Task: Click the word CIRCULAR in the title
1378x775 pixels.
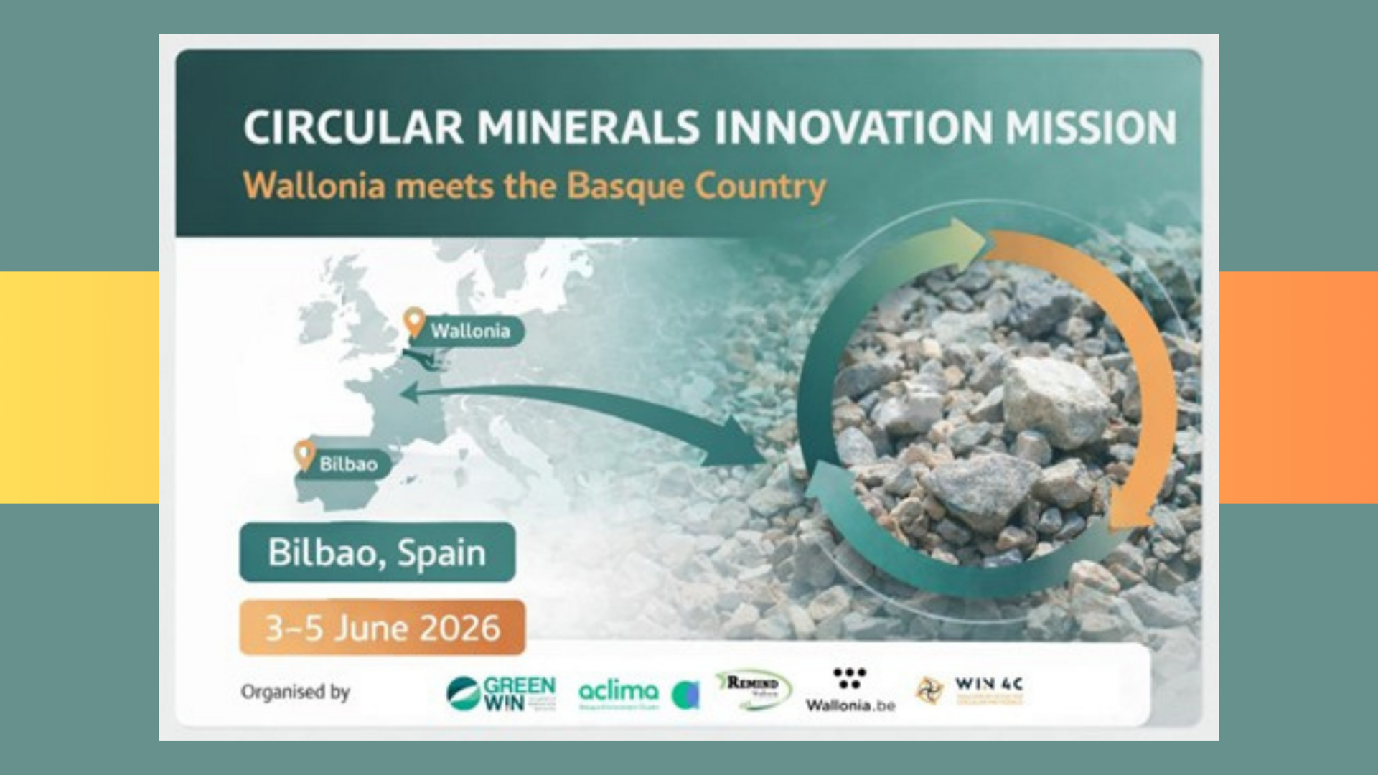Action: (x=353, y=127)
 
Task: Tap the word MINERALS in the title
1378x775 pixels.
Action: (x=588, y=127)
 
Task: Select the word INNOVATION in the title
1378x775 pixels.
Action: (x=853, y=127)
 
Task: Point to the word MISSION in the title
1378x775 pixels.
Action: (x=1090, y=127)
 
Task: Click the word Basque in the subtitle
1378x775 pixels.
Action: (x=625, y=186)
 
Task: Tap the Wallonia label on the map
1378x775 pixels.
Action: (x=470, y=331)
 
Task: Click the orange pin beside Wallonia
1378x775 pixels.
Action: (x=414, y=321)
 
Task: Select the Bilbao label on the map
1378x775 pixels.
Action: (x=348, y=464)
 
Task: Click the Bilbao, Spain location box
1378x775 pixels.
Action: (x=377, y=553)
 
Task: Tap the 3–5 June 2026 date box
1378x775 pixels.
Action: (x=382, y=628)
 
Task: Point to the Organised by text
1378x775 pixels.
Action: (x=295, y=692)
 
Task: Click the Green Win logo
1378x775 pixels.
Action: (x=501, y=693)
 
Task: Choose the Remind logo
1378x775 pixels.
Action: (x=753, y=689)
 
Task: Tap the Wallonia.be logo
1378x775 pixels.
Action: (x=850, y=690)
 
